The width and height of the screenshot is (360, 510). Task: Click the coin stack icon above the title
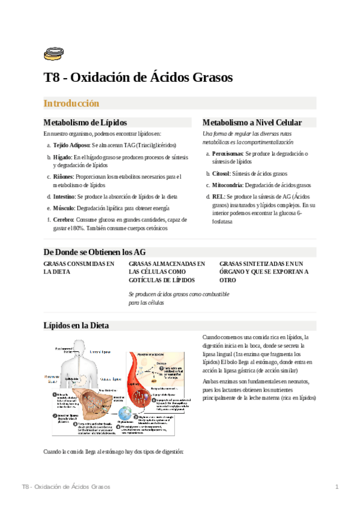52,54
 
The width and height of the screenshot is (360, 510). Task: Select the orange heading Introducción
72,103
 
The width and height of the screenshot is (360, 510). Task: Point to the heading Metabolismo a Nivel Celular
252,122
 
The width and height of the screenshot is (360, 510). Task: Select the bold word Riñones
64,176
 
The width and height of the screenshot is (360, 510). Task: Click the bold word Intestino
64,197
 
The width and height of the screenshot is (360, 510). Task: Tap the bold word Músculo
64,207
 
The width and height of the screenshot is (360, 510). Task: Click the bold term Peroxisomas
227,154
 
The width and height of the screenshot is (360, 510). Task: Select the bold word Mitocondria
228,185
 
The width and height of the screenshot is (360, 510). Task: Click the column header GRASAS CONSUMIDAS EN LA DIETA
79,268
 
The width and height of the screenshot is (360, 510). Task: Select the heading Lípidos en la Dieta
76,325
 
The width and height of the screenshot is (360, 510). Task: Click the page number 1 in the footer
337,486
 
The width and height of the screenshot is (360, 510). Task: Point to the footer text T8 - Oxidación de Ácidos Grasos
66,486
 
